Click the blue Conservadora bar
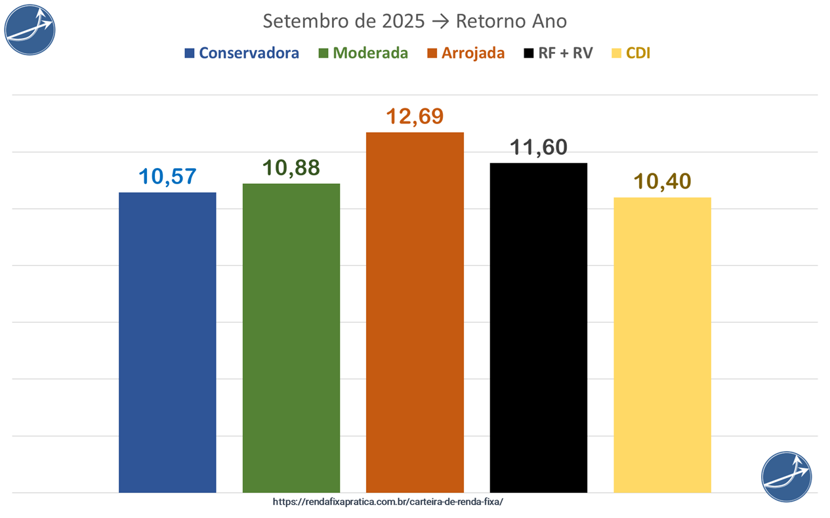[x=167, y=341]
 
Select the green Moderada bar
[x=291, y=337]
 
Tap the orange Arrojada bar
[x=415, y=312]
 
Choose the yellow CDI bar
[x=662, y=345]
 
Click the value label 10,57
[x=167, y=176]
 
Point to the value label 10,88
[x=291, y=167]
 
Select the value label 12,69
[x=415, y=116]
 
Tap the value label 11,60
[x=539, y=147]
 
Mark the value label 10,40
[x=662, y=181]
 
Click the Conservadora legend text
[x=249, y=53]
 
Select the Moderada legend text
[x=370, y=53]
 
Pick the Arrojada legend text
[x=473, y=53]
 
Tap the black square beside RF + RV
[x=528, y=53]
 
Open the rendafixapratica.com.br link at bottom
[x=388, y=502]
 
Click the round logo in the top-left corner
[x=30, y=30]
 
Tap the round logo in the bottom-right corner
[x=786, y=476]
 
